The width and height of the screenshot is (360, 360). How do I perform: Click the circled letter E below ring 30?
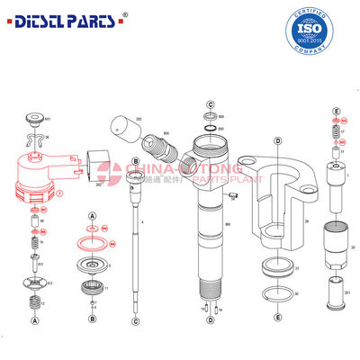tap(277, 318)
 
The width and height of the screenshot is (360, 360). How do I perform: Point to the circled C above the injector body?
tap(209, 105)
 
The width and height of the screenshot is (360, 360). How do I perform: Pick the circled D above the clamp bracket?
tap(278, 141)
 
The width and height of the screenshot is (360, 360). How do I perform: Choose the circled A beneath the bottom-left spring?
tap(35, 319)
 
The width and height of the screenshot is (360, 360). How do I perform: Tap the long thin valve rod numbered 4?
tap(135, 243)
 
